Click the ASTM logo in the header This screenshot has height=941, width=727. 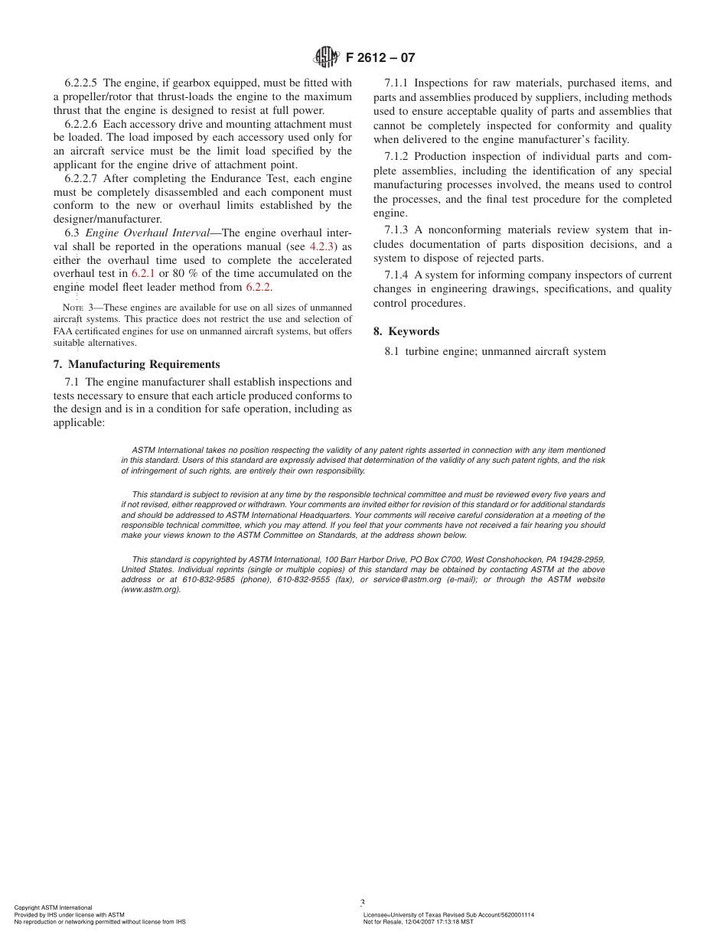click(326, 57)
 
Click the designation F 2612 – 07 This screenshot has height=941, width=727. click(381, 58)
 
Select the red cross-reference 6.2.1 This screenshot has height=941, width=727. click(143, 273)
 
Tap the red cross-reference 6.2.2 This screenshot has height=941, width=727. click(259, 287)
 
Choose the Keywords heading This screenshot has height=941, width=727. click(413, 331)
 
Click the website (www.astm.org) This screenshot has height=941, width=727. click(151, 590)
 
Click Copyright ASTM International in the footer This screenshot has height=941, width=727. click(53, 907)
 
